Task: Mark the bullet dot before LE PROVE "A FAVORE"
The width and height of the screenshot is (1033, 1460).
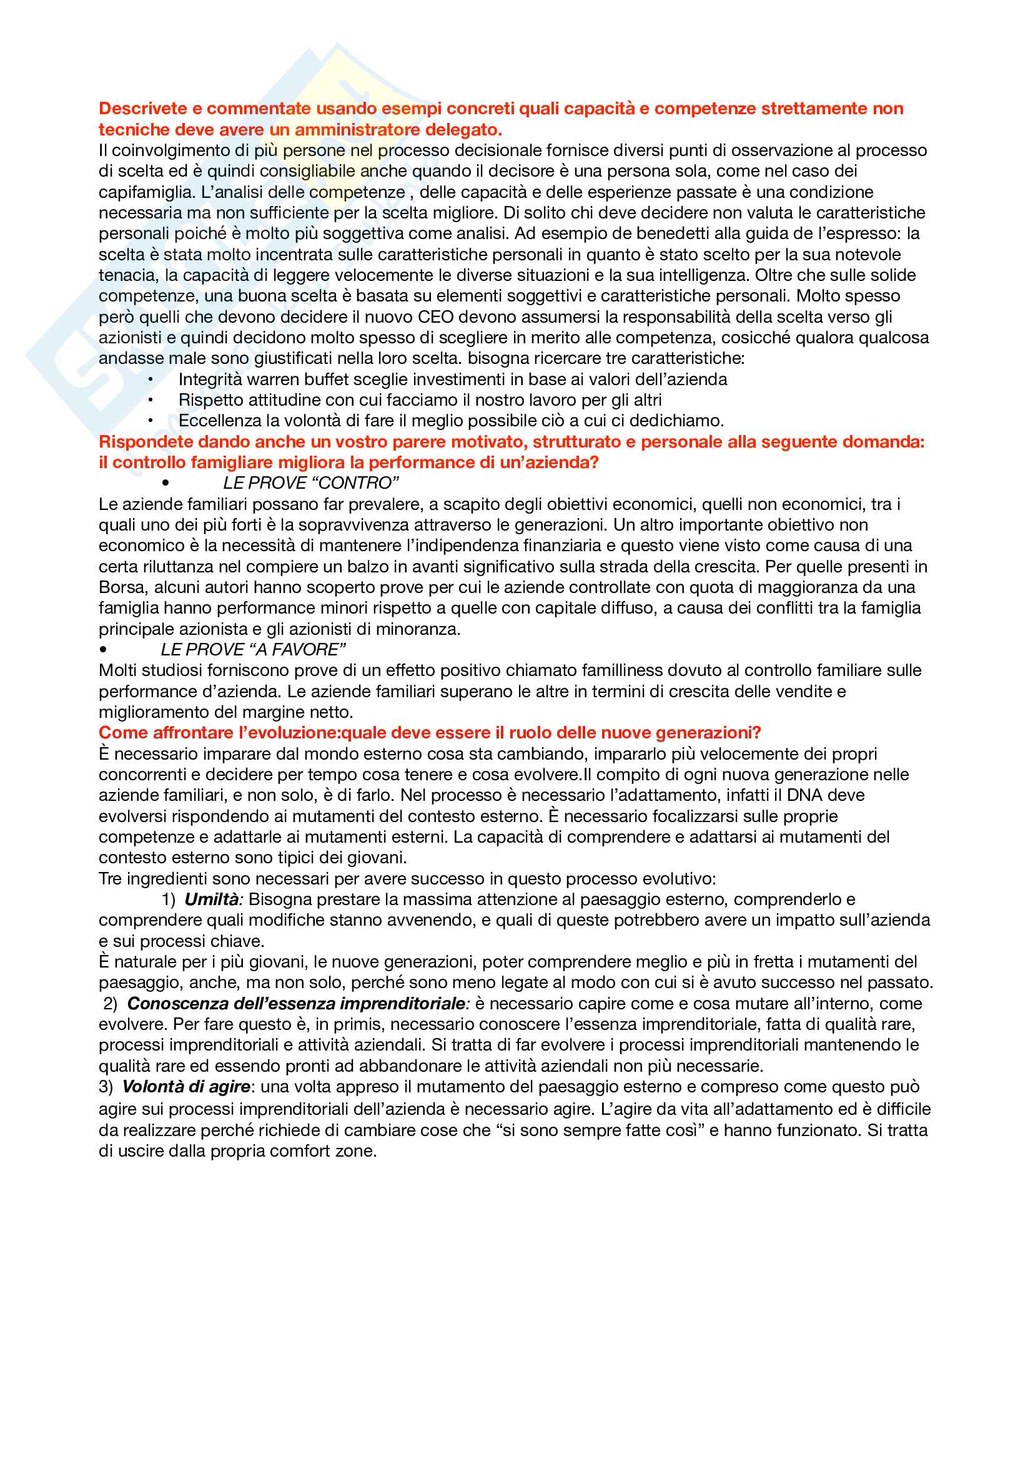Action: (103, 650)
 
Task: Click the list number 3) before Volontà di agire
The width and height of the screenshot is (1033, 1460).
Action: (106, 1087)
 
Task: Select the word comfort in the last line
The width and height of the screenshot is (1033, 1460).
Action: (299, 1151)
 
